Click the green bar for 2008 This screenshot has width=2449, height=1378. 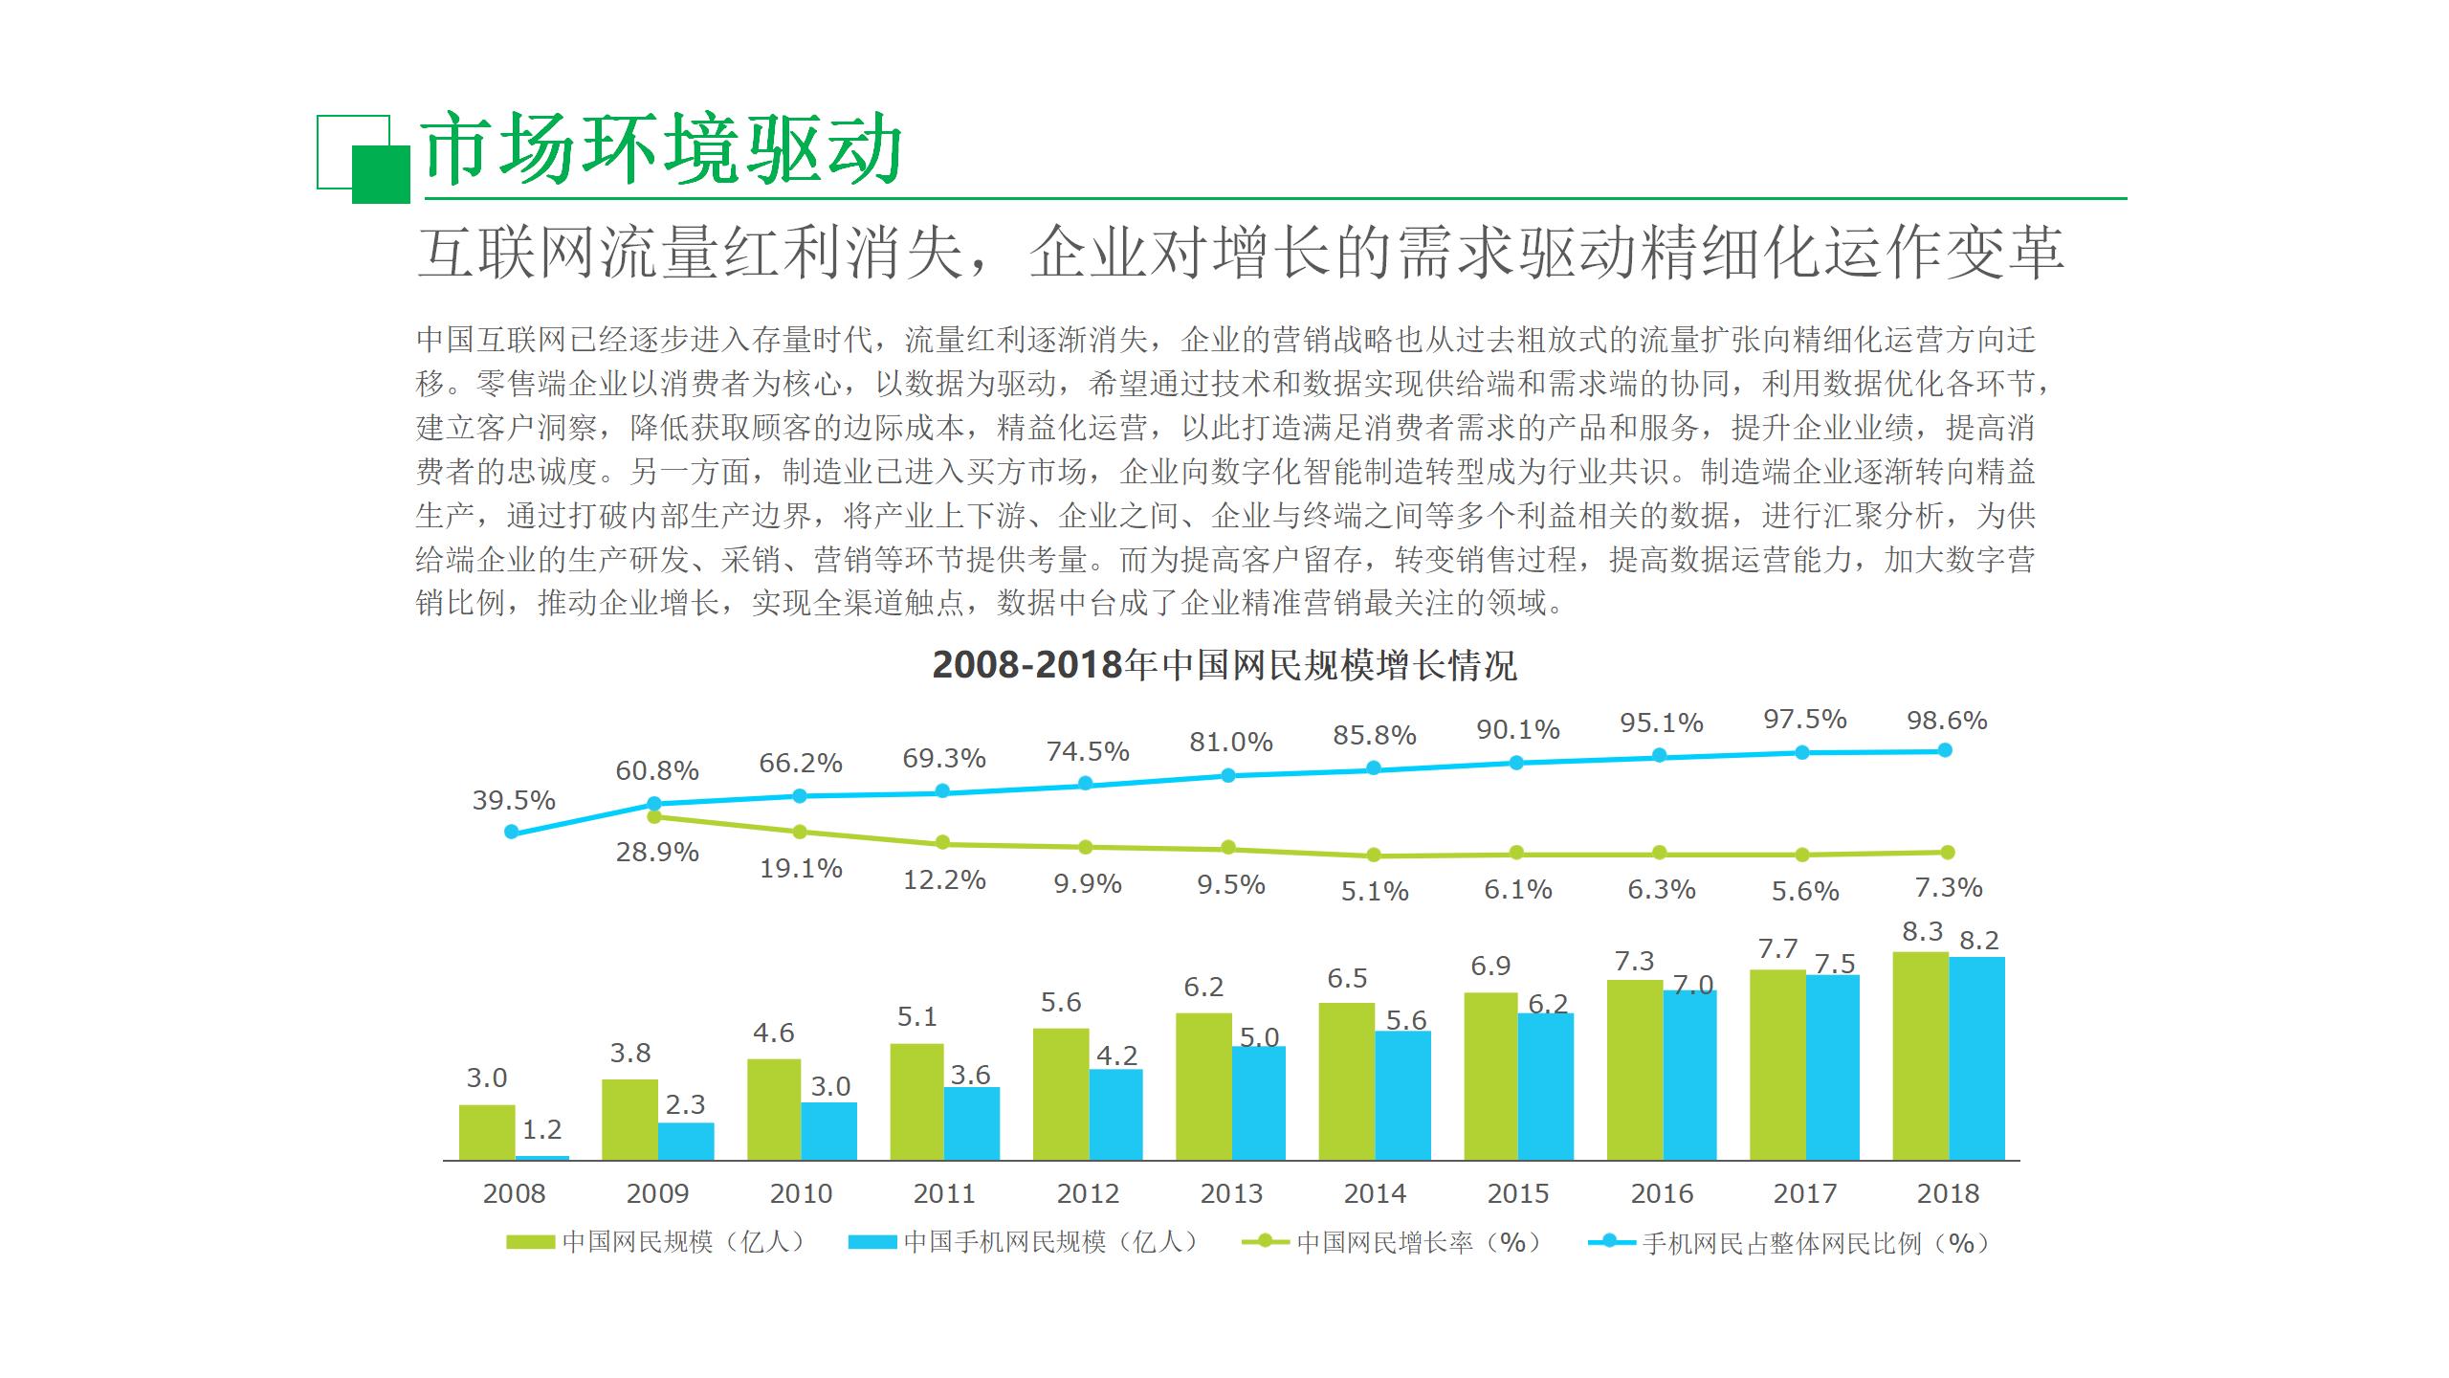[x=486, y=1132]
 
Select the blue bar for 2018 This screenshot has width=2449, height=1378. [x=1976, y=1057]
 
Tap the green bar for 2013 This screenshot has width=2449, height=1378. [x=1203, y=1086]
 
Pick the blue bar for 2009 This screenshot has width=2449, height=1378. [x=686, y=1141]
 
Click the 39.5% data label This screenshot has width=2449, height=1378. [x=514, y=800]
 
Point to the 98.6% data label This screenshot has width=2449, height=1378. [x=1947, y=721]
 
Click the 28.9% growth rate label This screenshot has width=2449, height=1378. [x=657, y=852]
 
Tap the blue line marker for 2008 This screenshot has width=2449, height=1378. [x=511, y=833]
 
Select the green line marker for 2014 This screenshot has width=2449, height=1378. [x=1374, y=856]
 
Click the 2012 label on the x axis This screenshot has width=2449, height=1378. [x=1088, y=1193]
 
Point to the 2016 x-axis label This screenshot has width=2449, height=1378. [x=1662, y=1193]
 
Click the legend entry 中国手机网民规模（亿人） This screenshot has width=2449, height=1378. [x=1024, y=1242]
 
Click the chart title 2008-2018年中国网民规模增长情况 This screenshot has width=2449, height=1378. [x=1224, y=664]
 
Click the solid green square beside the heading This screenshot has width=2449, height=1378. [x=381, y=174]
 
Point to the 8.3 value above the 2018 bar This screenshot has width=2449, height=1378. [x=1922, y=931]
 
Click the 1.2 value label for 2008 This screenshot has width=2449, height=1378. [x=541, y=1130]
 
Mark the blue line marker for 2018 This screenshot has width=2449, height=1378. [x=1945, y=750]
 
